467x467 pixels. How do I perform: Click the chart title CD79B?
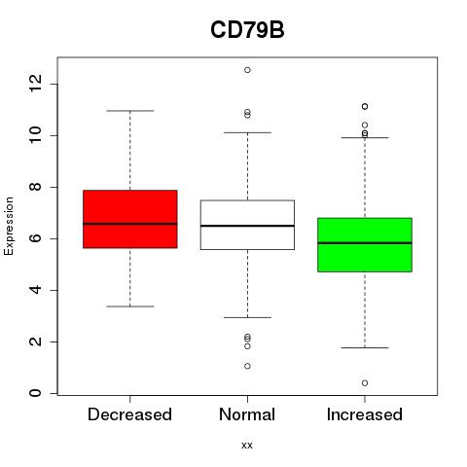pyautogui.click(x=247, y=30)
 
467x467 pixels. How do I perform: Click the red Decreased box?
pyautogui.click(x=130, y=219)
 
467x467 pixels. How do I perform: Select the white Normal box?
pyautogui.click(x=247, y=225)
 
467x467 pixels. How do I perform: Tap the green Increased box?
pyautogui.click(x=365, y=245)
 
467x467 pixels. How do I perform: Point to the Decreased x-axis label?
pyautogui.click(x=129, y=414)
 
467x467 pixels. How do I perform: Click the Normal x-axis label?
pyautogui.click(x=247, y=414)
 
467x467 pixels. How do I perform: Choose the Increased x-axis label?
pyautogui.click(x=365, y=414)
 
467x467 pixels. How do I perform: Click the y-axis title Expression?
pyautogui.click(x=9, y=226)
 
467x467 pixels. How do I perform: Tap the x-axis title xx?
pyautogui.click(x=247, y=446)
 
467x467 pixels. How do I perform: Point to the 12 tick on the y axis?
pyautogui.click(x=35, y=84)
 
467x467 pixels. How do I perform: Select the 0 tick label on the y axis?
pyautogui.click(x=35, y=393)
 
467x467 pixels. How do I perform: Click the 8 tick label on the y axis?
pyautogui.click(x=35, y=187)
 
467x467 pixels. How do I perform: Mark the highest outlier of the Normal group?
pyautogui.click(x=247, y=70)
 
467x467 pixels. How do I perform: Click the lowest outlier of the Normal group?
pyautogui.click(x=247, y=366)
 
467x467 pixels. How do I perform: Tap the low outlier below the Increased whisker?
pyautogui.click(x=365, y=383)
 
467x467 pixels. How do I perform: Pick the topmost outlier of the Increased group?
pyautogui.click(x=365, y=106)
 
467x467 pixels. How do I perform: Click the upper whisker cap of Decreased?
pyautogui.click(x=130, y=111)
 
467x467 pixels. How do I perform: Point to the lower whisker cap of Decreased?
pyautogui.click(x=130, y=306)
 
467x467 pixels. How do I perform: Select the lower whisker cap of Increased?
pyautogui.click(x=365, y=348)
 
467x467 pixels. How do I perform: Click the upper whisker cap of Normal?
pyautogui.click(x=247, y=132)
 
